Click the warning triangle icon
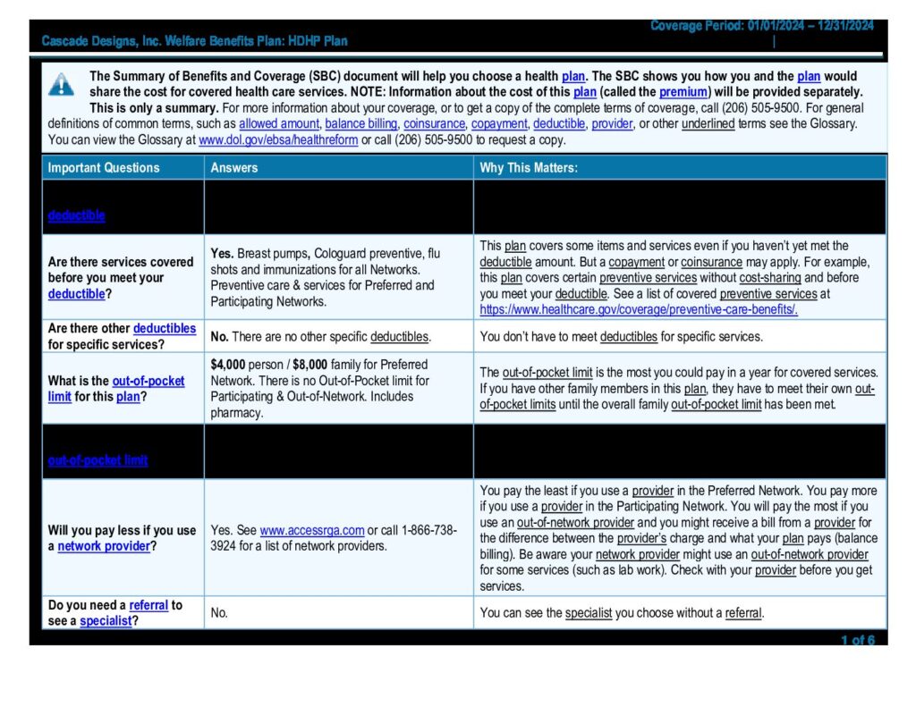point(61,85)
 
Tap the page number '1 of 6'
point(857,640)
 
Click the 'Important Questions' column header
point(104,167)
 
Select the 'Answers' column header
point(234,167)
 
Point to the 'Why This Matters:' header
point(529,167)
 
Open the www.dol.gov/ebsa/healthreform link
point(278,140)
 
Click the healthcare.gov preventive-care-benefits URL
point(639,309)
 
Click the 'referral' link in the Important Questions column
point(148,605)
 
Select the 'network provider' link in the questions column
point(104,546)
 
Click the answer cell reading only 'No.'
point(219,613)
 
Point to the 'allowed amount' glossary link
point(278,124)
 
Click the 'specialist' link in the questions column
point(106,621)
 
